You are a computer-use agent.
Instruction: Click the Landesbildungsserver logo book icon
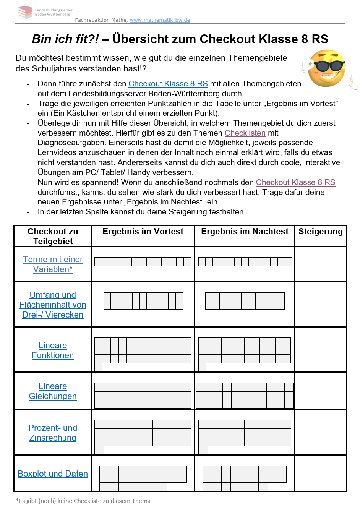click(x=25, y=12)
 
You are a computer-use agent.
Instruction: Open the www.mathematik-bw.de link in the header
click(x=160, y=20)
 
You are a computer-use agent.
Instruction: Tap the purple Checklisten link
click(x=245, y=133)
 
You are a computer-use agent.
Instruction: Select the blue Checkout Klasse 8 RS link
click(x=168, y=84)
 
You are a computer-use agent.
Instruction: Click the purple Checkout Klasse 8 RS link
click(x=295, y=182)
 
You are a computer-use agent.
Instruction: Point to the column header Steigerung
click(x=320, y=232)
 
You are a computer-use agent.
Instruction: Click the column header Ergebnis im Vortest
click(x=143, y=232)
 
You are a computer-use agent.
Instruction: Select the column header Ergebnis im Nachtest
click(x=245, y=232)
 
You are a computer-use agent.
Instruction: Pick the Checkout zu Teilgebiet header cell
click(x=53, y=236)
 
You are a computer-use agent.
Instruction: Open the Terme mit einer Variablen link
click(x=53, y=264)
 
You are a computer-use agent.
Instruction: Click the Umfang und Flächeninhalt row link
click(x=53, y=305)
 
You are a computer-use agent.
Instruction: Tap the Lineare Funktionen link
click(x=53, y=350)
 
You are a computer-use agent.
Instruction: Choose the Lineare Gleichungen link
click(x=53, y=391)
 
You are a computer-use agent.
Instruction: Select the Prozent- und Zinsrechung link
click(x=53, y=433)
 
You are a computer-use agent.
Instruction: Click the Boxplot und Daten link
click(x=53, y=474)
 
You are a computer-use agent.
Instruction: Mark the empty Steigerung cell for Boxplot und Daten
click(x=320, y=473)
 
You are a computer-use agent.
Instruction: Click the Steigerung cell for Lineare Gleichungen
click(x=320, y=391)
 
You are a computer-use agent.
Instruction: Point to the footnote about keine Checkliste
click(x=83, y=501)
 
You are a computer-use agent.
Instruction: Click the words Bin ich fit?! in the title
click(x=65, y=39)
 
